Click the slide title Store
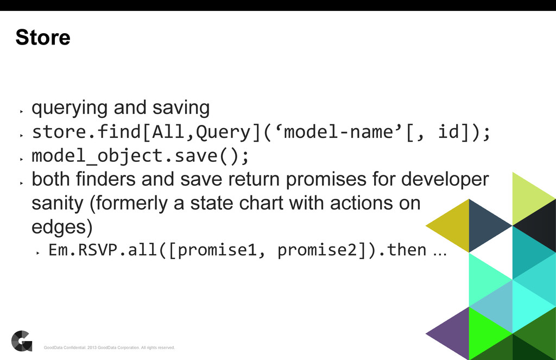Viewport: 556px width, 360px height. tap(43, 37)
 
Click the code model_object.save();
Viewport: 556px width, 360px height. tap(141, 156)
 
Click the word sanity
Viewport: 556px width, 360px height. tap(57, 204)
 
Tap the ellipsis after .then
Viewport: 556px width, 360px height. tap(438, 251)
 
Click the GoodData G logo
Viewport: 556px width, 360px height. tap(22, 340)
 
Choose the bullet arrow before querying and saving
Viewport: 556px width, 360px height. tap(21, 111)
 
